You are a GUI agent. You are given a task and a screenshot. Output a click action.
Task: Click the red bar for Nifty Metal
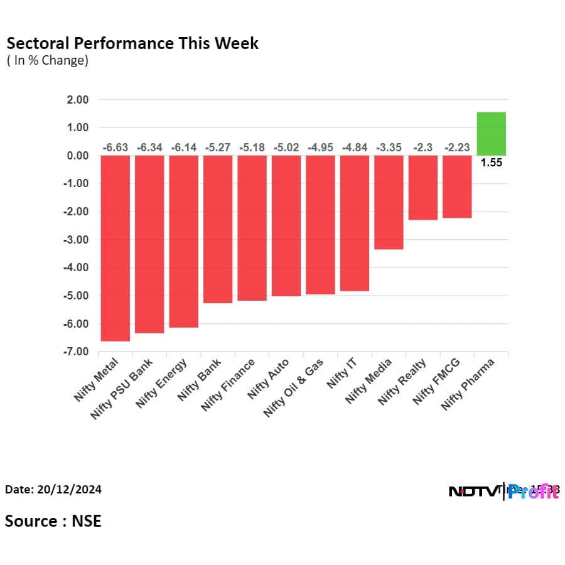click(x=115, y=248)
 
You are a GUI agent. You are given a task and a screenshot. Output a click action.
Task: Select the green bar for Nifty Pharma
click(x=492, y=134)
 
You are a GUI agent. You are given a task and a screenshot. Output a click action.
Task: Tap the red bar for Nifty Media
click(x=389, y=202)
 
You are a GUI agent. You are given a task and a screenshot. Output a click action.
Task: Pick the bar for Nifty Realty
click(x=422, y=188)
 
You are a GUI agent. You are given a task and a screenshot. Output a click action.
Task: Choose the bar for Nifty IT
click(x=355, y=223)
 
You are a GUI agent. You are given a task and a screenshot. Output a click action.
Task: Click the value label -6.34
click(x=149, y=148)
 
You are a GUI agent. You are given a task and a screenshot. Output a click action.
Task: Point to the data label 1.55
click(x=492, y=163)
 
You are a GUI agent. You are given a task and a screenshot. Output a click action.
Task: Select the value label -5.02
click(x=286, y=148)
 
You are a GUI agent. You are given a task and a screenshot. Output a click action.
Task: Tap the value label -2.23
click(x=457, y=148)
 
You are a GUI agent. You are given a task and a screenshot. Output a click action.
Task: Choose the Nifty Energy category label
click(x=162, y=384)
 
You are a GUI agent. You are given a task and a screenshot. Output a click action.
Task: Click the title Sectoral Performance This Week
click(x=132, y=43)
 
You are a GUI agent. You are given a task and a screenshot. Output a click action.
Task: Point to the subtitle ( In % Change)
click(x=48, y=61)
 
